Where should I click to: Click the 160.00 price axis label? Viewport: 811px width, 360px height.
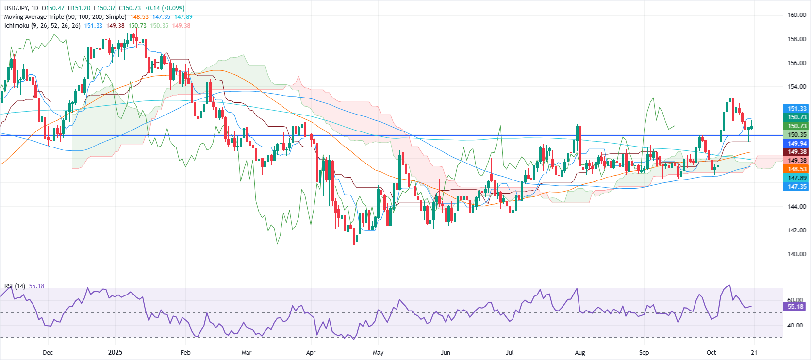tap(796, 15)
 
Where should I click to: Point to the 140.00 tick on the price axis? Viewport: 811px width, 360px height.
tap(796, 254)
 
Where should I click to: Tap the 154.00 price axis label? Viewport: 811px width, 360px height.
tap(796, 87)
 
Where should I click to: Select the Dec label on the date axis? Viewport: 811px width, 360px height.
tap(48, 353)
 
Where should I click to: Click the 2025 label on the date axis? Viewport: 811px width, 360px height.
tap(116, 353)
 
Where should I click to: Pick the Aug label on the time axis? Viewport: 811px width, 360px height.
tap(579, 353)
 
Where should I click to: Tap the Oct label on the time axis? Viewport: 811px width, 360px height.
tap(711, 353)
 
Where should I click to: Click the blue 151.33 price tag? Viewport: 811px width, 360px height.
tap(796, 109)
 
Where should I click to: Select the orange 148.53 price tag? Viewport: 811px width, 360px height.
tap(796, 169)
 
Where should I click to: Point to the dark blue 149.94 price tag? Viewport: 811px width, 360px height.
tap(796, 144)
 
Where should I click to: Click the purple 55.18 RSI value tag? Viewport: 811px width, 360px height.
tap(795, 307)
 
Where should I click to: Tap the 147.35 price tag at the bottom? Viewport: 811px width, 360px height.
tap(796, 187)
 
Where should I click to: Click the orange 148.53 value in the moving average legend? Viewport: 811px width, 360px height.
tap(139, 17)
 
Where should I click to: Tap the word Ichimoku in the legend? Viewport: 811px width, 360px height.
tap(17, 26)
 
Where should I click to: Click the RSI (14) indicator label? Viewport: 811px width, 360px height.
tap(15, 286)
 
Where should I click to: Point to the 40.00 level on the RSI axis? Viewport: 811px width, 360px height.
tap(795, 326)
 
